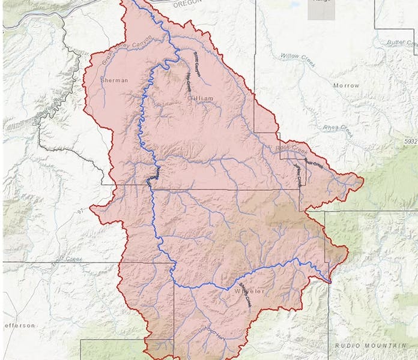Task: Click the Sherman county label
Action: [115, 80]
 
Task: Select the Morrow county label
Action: [346, 86]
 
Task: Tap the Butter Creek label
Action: [402, 43]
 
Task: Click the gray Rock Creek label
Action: [291, 148]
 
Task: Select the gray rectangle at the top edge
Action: [321, 10]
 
